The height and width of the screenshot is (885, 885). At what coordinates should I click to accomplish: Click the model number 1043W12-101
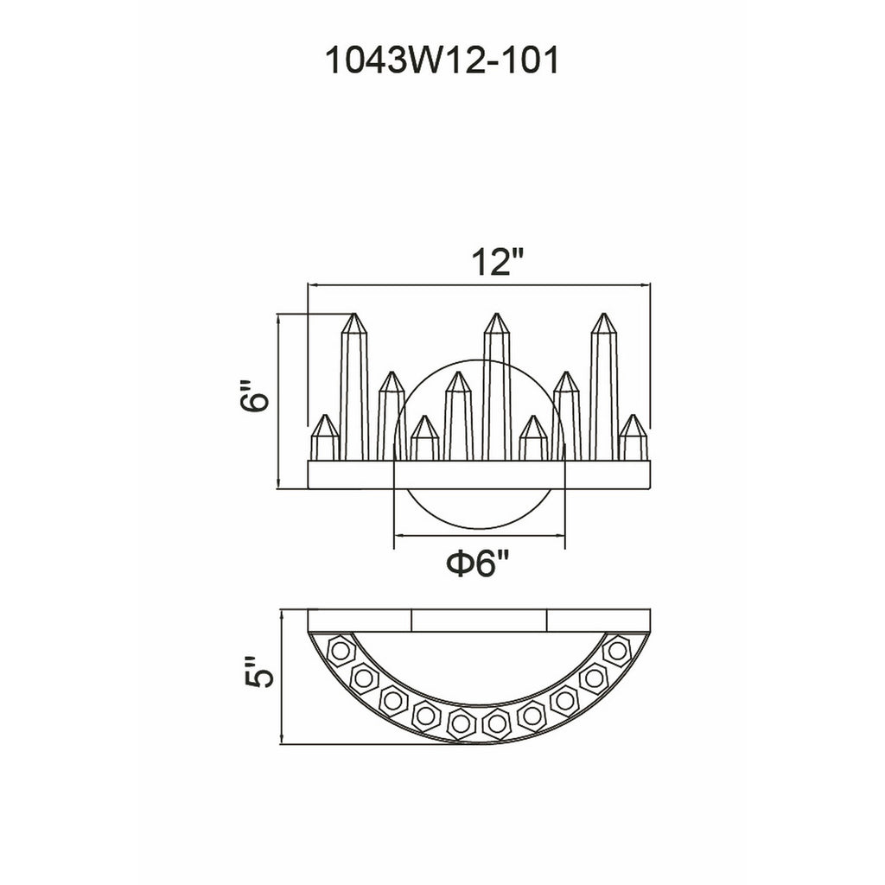point(441,62)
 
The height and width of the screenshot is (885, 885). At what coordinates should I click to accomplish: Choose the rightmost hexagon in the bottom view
point(616,650)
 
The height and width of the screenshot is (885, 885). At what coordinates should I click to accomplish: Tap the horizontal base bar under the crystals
point(480,475)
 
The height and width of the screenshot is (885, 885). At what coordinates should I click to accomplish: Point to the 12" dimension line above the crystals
point(480,283)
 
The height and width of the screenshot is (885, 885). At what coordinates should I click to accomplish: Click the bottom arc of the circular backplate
point(480,522)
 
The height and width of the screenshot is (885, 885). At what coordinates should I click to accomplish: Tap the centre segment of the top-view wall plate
point(480,621)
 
